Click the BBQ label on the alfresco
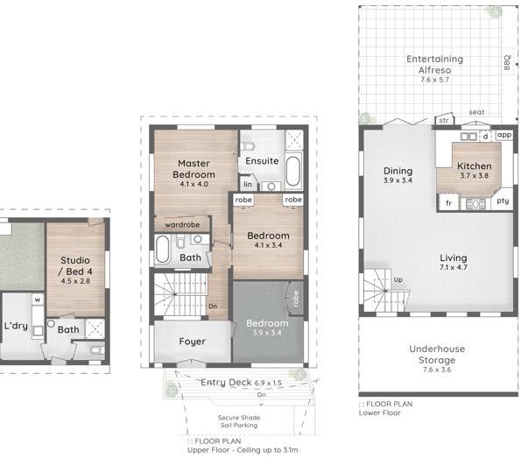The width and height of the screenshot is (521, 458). click(507, 62)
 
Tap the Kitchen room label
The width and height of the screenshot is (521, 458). click(474, 166)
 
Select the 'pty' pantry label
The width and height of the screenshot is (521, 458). click(503, 201)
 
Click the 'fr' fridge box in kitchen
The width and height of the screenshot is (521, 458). click(448, 202)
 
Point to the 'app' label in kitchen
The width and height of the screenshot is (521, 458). click(504, 135)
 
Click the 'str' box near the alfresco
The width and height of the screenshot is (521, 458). click(444, 120)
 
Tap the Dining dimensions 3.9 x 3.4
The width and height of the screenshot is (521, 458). click(398, 180)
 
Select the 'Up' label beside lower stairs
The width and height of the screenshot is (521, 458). click(398, 280)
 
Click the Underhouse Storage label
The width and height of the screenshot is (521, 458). click(437, 355)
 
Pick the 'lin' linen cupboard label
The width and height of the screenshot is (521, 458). click(248, 185)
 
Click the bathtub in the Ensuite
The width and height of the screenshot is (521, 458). click(293, 171)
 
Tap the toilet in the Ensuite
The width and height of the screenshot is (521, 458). click(247, 146)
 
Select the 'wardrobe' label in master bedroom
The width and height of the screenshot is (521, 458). click(182, 225)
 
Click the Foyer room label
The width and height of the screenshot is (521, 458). click(192, 342)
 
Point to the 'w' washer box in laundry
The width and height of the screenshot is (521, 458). click(38, 299)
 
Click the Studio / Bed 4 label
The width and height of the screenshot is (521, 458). click(75, 266)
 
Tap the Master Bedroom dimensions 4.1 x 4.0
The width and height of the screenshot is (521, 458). click(194, 184)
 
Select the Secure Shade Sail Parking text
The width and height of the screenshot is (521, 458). click(239, 421)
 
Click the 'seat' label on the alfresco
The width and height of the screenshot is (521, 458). click(476, 112)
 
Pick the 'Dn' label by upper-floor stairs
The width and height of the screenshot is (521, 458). click(213, 307)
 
